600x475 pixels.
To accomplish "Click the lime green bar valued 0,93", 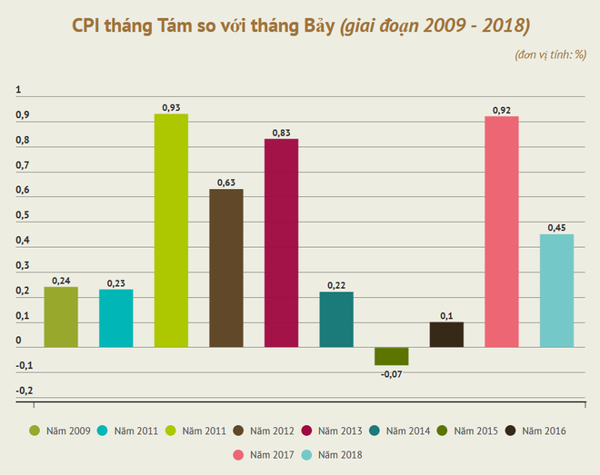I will point(171,231).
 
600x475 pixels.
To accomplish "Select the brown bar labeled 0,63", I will point(225,268).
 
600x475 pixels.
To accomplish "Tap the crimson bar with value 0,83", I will point(281,242).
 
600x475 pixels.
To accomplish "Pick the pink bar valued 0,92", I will point(501,232).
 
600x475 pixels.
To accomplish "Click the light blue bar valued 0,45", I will point(556,291).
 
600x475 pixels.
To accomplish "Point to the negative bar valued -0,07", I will point(391,356).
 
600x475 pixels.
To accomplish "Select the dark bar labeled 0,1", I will point(446,334).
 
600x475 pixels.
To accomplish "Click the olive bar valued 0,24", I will point(61,317).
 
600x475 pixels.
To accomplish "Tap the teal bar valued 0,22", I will point(336,320).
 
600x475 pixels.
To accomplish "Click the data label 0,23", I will point(116,283).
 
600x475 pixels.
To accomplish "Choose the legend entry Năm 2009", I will point(61,430).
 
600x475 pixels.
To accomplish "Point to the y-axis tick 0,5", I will point(23,216).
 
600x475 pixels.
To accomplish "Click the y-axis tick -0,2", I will point(25,391).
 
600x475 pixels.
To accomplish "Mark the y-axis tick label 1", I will point(19,91).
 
